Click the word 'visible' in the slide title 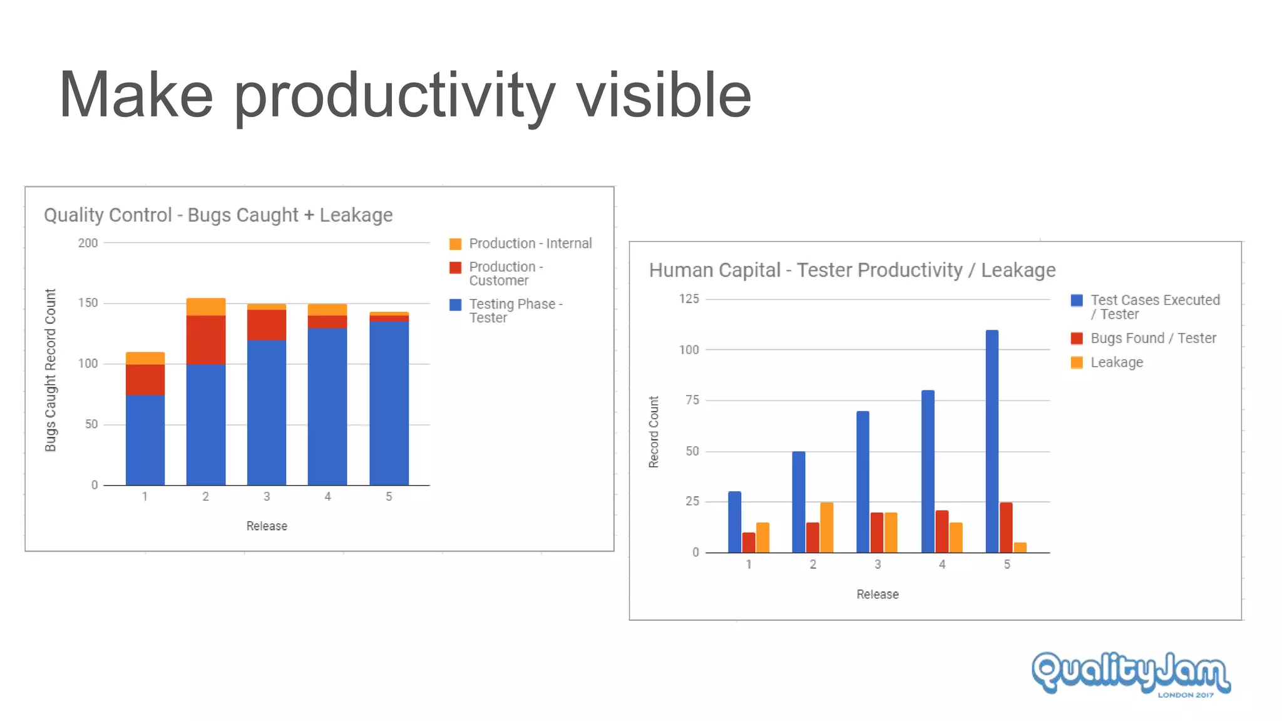pyautogui.click(x=663, y=95)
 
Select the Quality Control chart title pyautogui.click(x=218, y=215)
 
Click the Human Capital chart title pyautogui.click(x=852, y=270)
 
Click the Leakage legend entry pyautogui.click(x=1116, y=363)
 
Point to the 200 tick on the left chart pyautogui.click(x=88, y=243)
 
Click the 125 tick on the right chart pyautogui.click(x=689, y=299)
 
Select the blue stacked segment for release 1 pyautogui.click(x=145, y=440)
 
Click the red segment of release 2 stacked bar pyautogui.click(x=206, y=340)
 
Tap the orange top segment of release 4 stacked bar pyautogui.click(x=327, y=310)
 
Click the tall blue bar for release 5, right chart pyautogui.click(x=992, y=441)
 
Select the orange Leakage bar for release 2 pyautogui.click(x=826, y=527)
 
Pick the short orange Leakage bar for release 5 pyautogui.click(x=1020, y=548)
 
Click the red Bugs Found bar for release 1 pyautogui.click(x=749, y=542)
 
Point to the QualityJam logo pyautogui.click(x=1131, y=673)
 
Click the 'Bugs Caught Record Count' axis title pyautogui.click(x=51, y=370)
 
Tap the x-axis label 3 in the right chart pyautogui.click(x=878, y=565)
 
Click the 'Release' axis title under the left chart pyautogui.click(x=267, y=526)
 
